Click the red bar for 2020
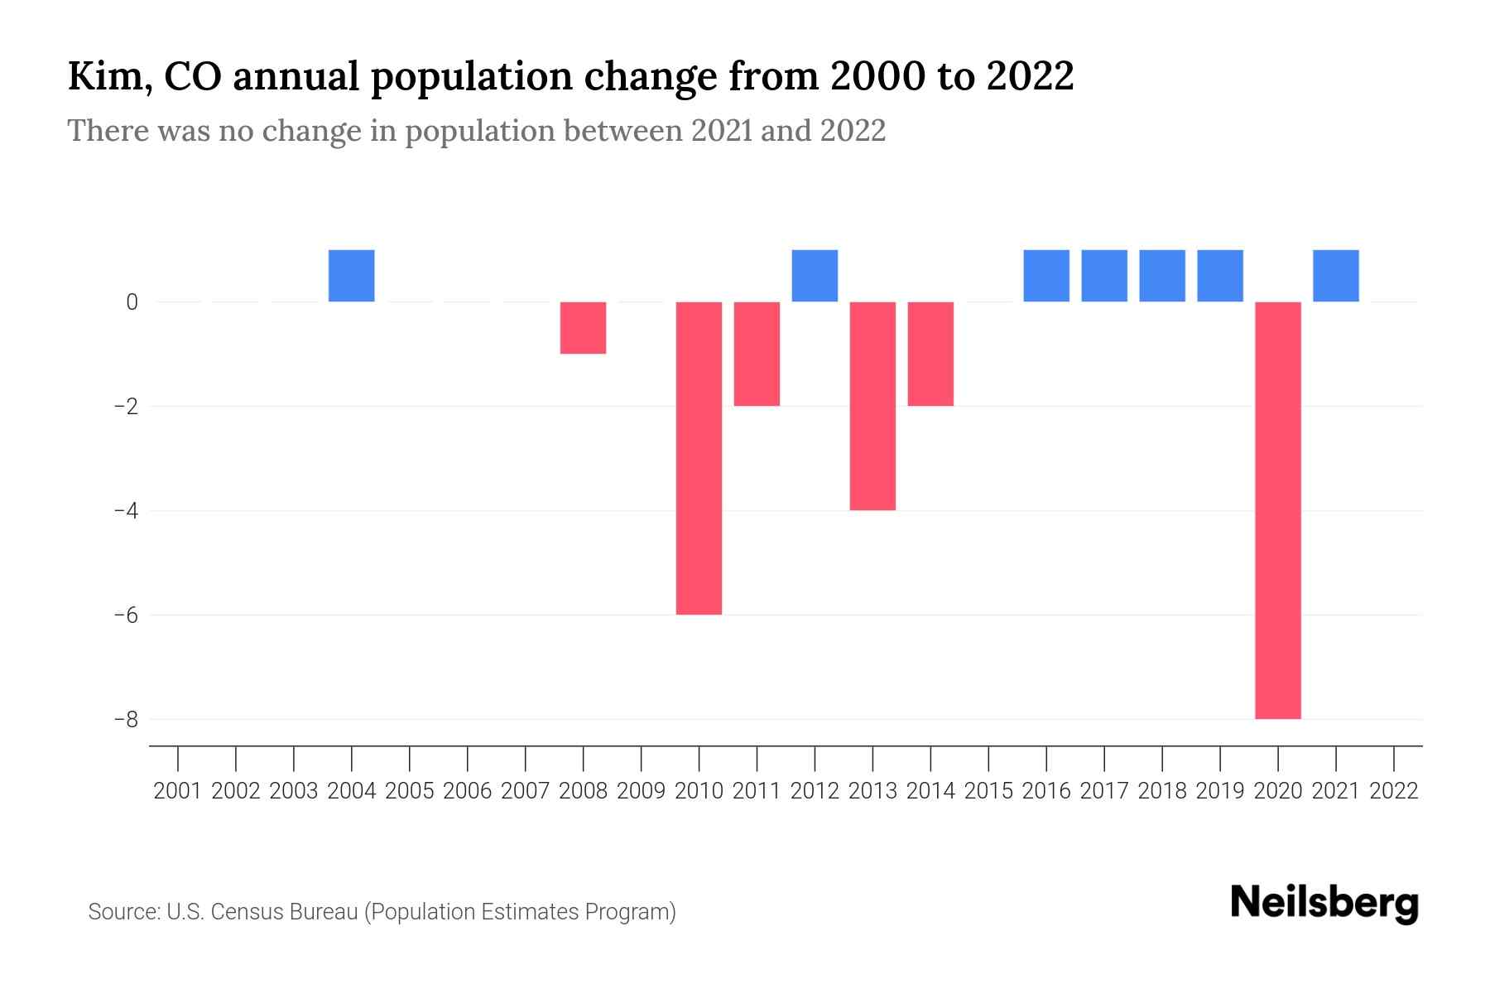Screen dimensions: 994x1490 pos(1277,509)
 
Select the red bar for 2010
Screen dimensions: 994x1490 pos(699,458)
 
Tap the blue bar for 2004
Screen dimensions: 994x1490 pos(351,276)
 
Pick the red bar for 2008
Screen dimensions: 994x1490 pos(583,328)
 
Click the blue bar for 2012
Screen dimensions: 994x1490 pos(815,276)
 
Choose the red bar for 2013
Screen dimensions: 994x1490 pos(872,406)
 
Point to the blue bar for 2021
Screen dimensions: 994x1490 pos(1335,276)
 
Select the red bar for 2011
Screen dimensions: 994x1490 pos(757,354)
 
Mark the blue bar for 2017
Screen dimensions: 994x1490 pos(1103,276)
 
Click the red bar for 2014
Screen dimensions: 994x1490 pos(930,354)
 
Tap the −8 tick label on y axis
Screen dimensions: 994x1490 pos(126,719)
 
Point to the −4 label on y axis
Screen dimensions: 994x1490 pos(126,510)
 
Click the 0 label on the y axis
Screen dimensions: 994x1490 pos(132,302)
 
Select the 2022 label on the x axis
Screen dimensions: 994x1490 pos(1393,791)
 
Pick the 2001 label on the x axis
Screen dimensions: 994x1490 pos(178,791)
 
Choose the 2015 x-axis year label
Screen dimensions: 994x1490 pos(988,791)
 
